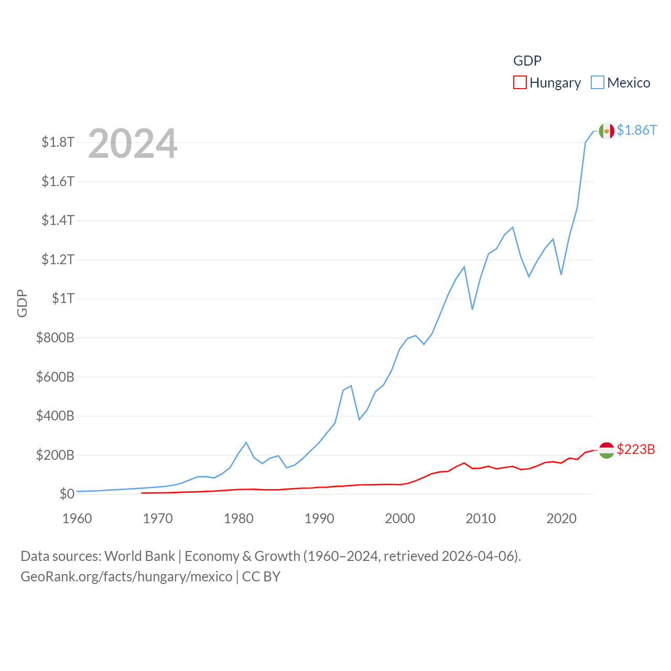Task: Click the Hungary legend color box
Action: click(520, 83)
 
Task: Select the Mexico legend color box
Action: click(597, 83)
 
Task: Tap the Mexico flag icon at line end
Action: click(607, 131)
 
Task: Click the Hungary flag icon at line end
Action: click(607, 450)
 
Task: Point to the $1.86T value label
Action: click(636, 130)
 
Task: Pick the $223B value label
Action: click(636, 449)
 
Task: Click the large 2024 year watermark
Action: click(133, 144)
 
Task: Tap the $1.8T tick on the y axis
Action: click(58, 142)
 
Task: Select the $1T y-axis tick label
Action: click(63, 298)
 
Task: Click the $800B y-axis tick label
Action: click(55, 338)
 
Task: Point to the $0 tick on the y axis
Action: click(67, 494)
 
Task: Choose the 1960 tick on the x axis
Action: click(77, 518)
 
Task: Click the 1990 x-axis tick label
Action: click(319, 518)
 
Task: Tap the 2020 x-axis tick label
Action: click(561, 518)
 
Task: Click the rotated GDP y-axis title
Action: click(22, 303)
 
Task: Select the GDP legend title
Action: click(527, 61)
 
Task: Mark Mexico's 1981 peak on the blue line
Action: click(246, 442)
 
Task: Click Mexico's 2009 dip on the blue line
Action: click(472, 309)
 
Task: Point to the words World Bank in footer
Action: click(139, 556)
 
